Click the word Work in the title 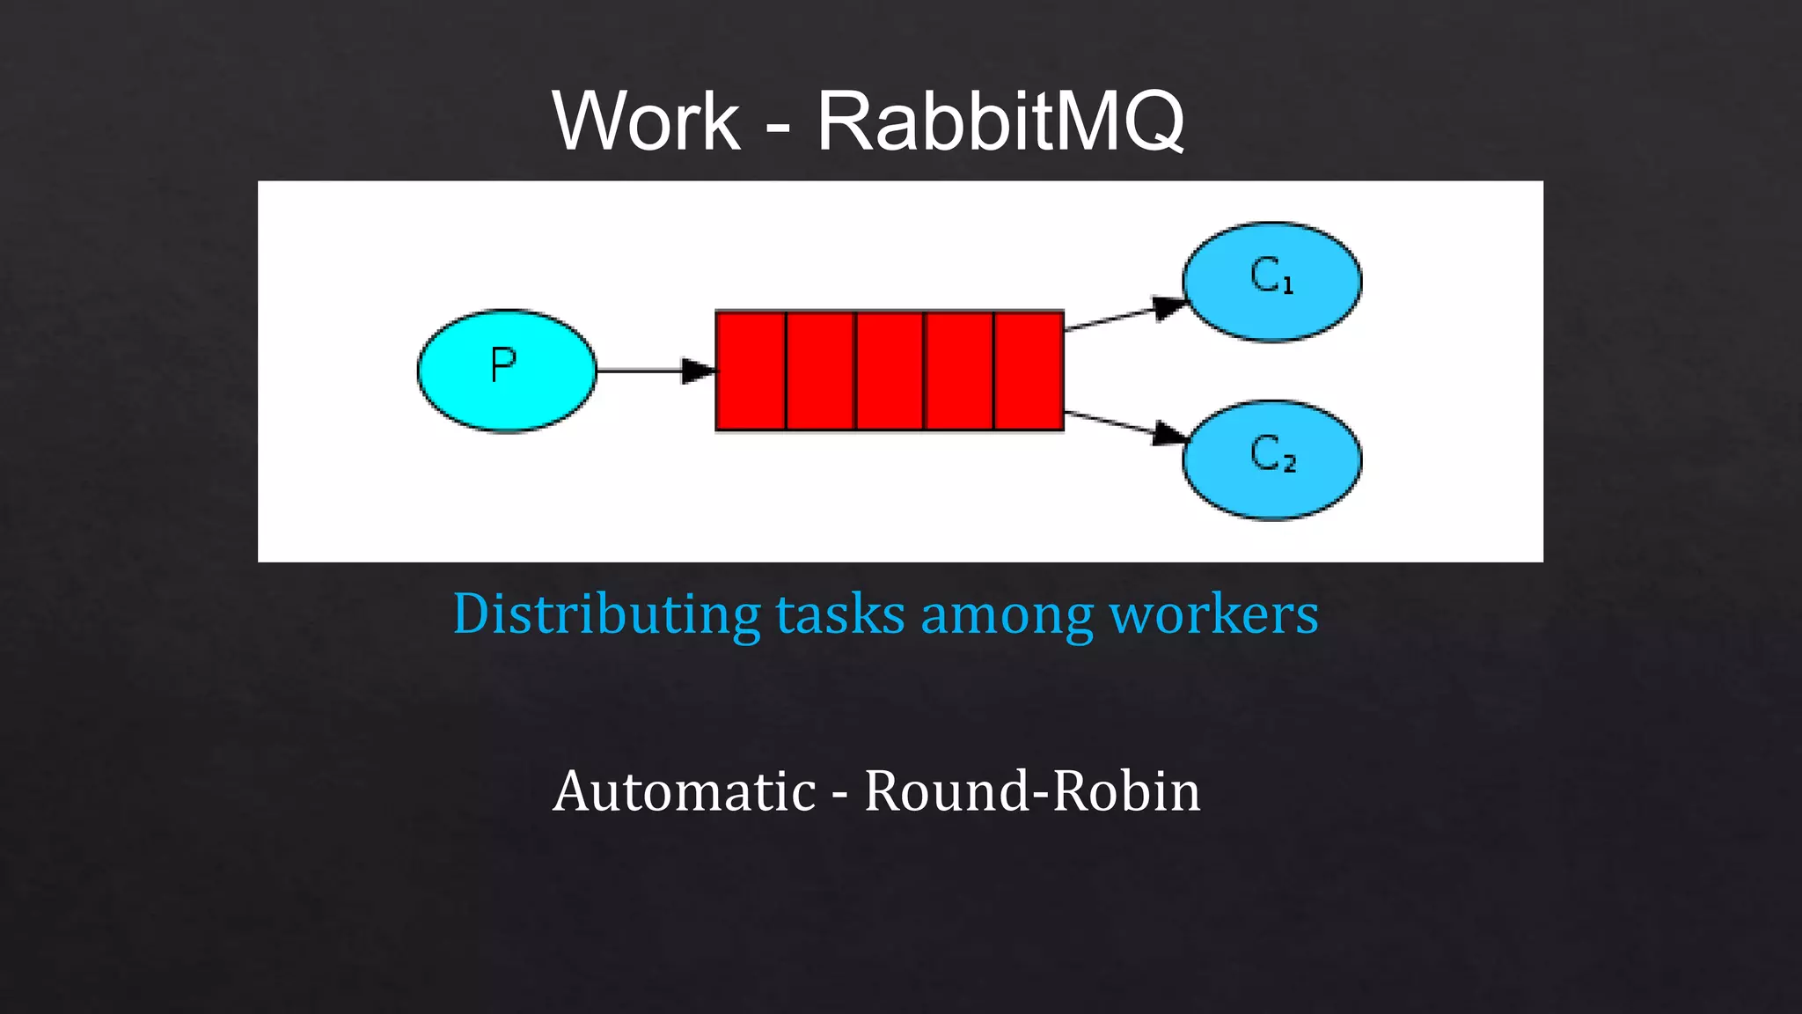point(646,121)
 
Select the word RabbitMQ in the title point(1000,121)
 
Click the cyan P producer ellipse point(506,371)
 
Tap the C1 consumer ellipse point(1271,281)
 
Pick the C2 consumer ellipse point(1271,459)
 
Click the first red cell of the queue point(751,371)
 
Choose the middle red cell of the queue point(890,371)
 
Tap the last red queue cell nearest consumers point(1029,371)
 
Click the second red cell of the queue point(820,371)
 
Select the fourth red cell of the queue point(959,371)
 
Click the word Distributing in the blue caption point(606,614)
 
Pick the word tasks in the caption point(840,614)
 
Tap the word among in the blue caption point(1007,614)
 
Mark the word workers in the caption point(1214,614)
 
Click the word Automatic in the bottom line point(685,791)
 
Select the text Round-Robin point(1032,791)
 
